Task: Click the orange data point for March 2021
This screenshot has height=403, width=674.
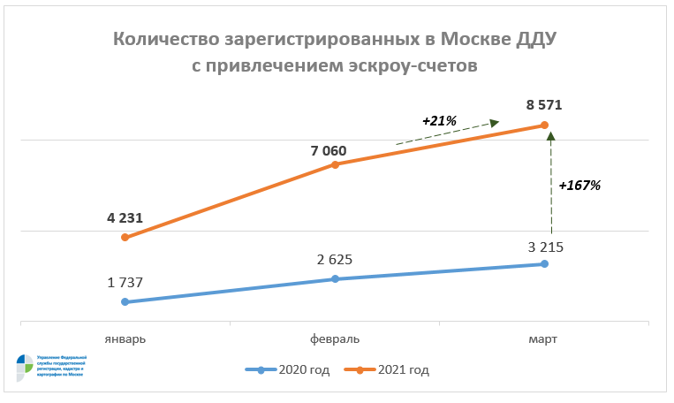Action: (x=544, y=125)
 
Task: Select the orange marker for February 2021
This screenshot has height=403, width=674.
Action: (x=335, y=164)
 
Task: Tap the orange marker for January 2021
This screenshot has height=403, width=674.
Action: (x=125, y=238)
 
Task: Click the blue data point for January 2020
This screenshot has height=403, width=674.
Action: (x=125, y=302)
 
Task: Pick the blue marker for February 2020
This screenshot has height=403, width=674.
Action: (x=335, y=279)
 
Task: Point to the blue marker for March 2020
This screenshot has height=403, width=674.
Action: (x=544, y=263)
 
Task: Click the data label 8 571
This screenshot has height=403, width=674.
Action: (x=544, y=105)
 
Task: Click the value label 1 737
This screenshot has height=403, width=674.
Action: (x=125, y=283)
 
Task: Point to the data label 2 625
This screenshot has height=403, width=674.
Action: (x=335, y=260)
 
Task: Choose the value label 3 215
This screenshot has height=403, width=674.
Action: (x=544, y=247)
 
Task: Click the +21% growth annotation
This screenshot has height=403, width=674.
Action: (x=438, y=119)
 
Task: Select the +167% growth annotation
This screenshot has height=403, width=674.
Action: (x=579, y=186)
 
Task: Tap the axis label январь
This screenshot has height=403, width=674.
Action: (x=125, y=339)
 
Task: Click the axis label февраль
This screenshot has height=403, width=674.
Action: (x=335, y=339)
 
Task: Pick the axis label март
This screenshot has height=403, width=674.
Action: (x=544, y=339)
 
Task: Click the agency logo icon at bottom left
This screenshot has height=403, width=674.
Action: (x=24, y=368)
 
